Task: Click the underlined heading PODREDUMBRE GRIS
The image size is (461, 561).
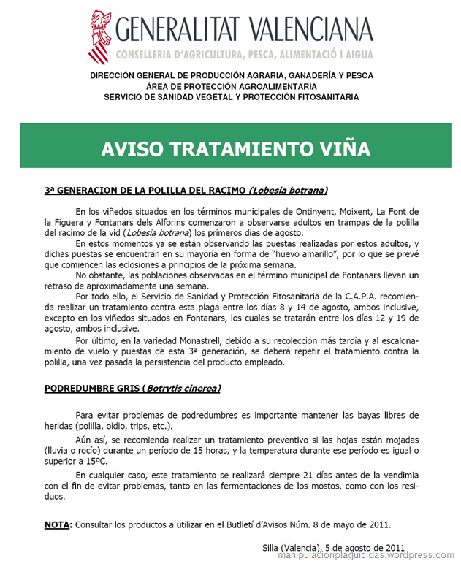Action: point(92,388)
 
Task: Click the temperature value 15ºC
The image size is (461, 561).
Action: point(106,461)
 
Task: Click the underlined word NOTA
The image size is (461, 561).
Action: point(58,525)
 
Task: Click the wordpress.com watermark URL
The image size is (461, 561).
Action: point(366,555)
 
